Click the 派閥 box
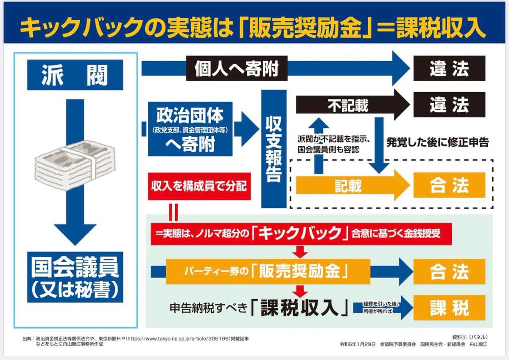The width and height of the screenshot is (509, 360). [75, 75]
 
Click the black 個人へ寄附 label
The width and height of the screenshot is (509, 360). [236, 68]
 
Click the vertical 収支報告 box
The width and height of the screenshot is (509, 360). [274, 149]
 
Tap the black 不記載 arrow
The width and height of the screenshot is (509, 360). [348, 104]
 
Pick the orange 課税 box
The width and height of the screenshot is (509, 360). [449, 308]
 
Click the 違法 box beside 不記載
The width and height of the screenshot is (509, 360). [449, 104]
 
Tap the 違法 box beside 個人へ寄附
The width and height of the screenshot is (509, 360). [449, 68]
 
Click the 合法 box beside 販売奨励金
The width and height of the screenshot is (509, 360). [449, 272]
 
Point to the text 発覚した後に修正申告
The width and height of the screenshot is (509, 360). [437, 142]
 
